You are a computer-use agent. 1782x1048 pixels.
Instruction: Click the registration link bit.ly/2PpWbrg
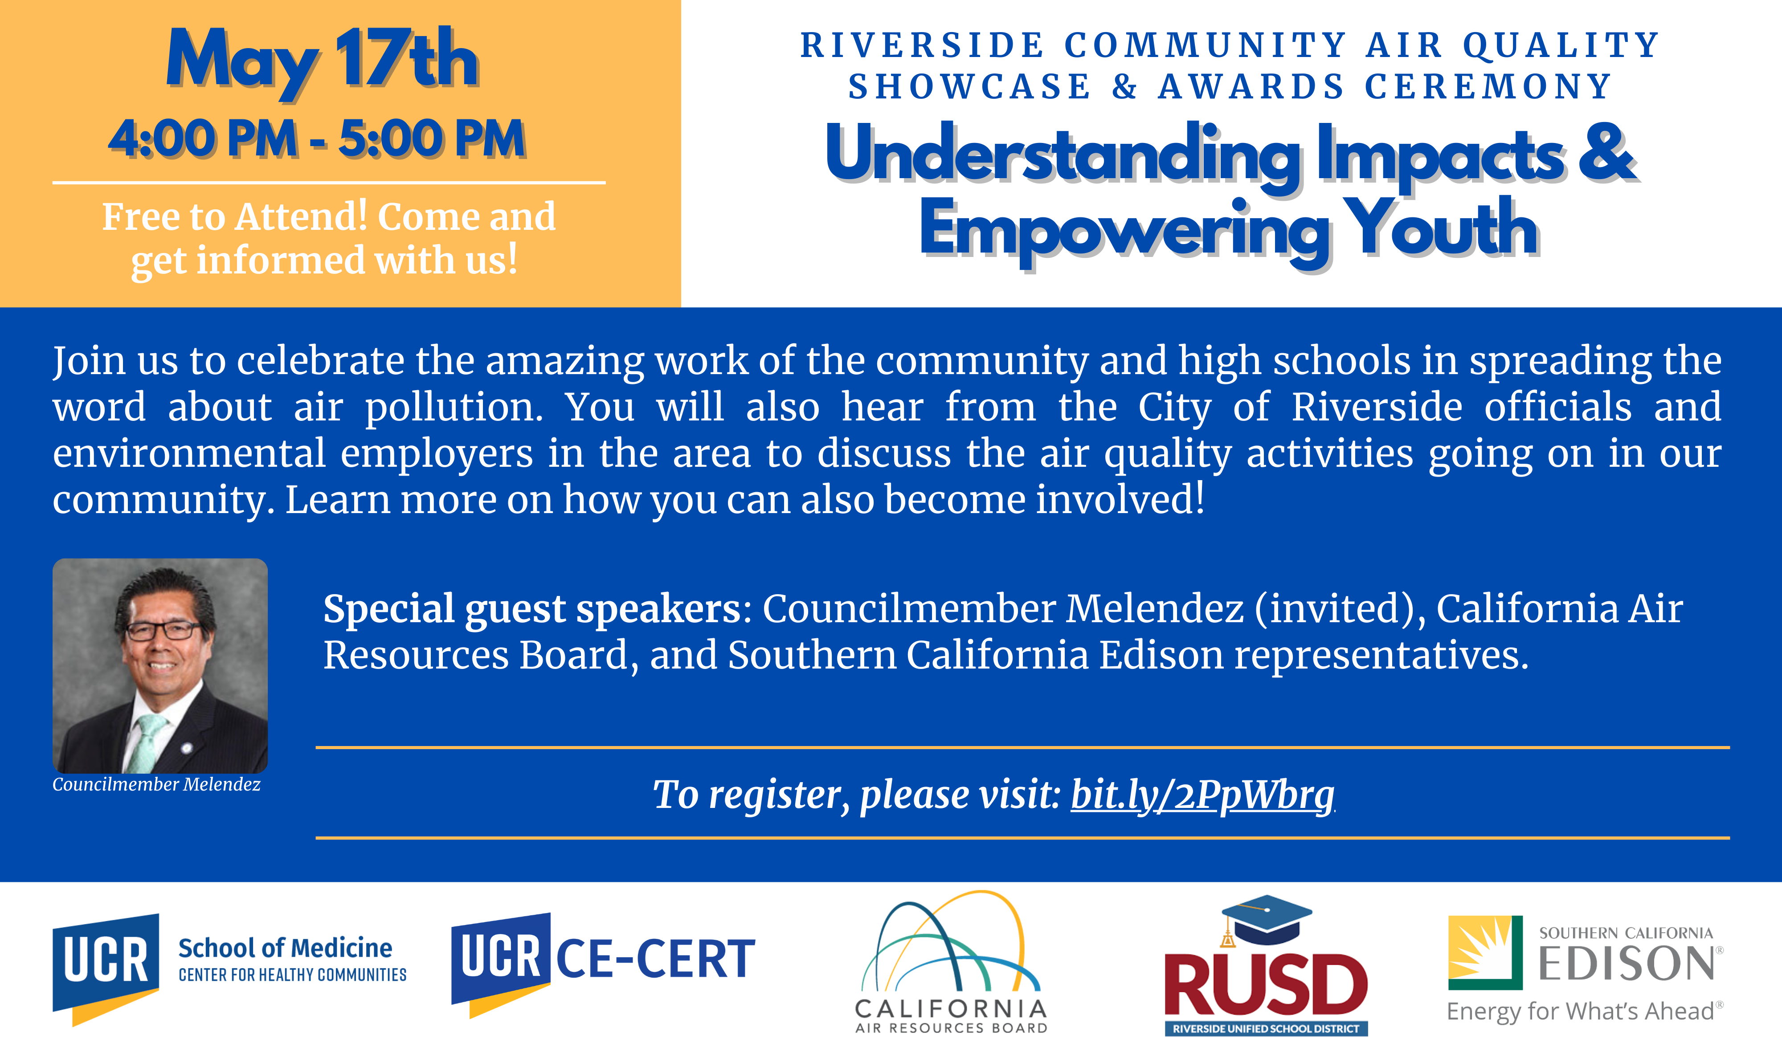coord(1202,795)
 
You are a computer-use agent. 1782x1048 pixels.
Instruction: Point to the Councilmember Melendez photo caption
coord(156,784)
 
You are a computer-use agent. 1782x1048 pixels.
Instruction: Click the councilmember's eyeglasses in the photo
coord(164,630)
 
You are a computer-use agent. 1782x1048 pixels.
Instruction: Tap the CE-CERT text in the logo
coord(655,960)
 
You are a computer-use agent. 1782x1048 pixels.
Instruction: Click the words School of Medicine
coord(285,948)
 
